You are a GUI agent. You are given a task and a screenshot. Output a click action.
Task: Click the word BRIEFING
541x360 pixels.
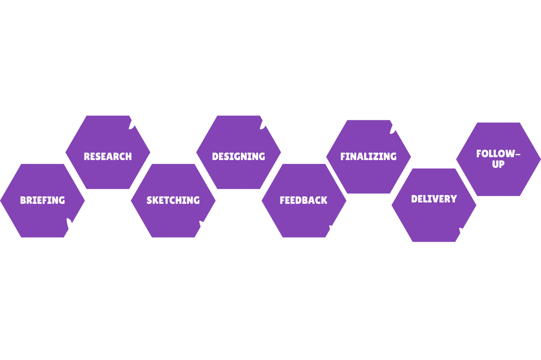pyautogui.click(x=42, y=200)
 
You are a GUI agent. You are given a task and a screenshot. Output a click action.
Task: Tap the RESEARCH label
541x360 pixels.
pyautogui.click(x=108, y=157)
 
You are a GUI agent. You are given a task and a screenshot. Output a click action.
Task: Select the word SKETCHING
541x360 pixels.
pyautogui.click(x=173, y=200)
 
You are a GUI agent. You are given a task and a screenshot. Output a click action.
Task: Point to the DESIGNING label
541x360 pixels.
pyautogui.click(x=239, y=157)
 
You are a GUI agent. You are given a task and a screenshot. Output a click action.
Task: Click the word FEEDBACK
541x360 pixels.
pyautogui.click(x=304, y=200)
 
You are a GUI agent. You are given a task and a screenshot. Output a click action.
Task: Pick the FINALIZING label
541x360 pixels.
pyautogui.click(x=369, y=157)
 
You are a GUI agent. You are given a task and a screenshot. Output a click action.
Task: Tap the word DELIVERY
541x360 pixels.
pyautogui.click(x=434, y=199)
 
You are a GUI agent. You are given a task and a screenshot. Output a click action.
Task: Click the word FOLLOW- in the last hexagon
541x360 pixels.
pyautogui.click(x=498, y=154)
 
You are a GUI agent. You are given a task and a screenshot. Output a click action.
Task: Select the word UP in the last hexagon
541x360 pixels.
pyautogui.click(x=498, y=164)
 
